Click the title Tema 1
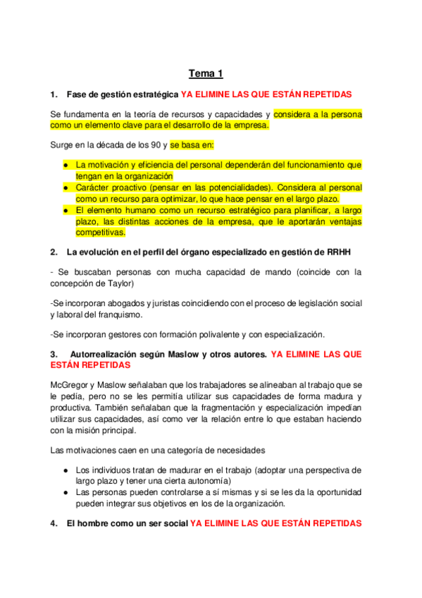(205, 73)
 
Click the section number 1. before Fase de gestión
(54, 94)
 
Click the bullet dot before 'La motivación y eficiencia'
(65, 165)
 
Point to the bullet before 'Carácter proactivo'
(65, 188)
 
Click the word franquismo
(116, 315)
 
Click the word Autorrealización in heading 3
(102, 355)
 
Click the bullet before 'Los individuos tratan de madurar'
(65, 470)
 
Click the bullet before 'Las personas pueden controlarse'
(65, 492)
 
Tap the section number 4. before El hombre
(54, 524)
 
